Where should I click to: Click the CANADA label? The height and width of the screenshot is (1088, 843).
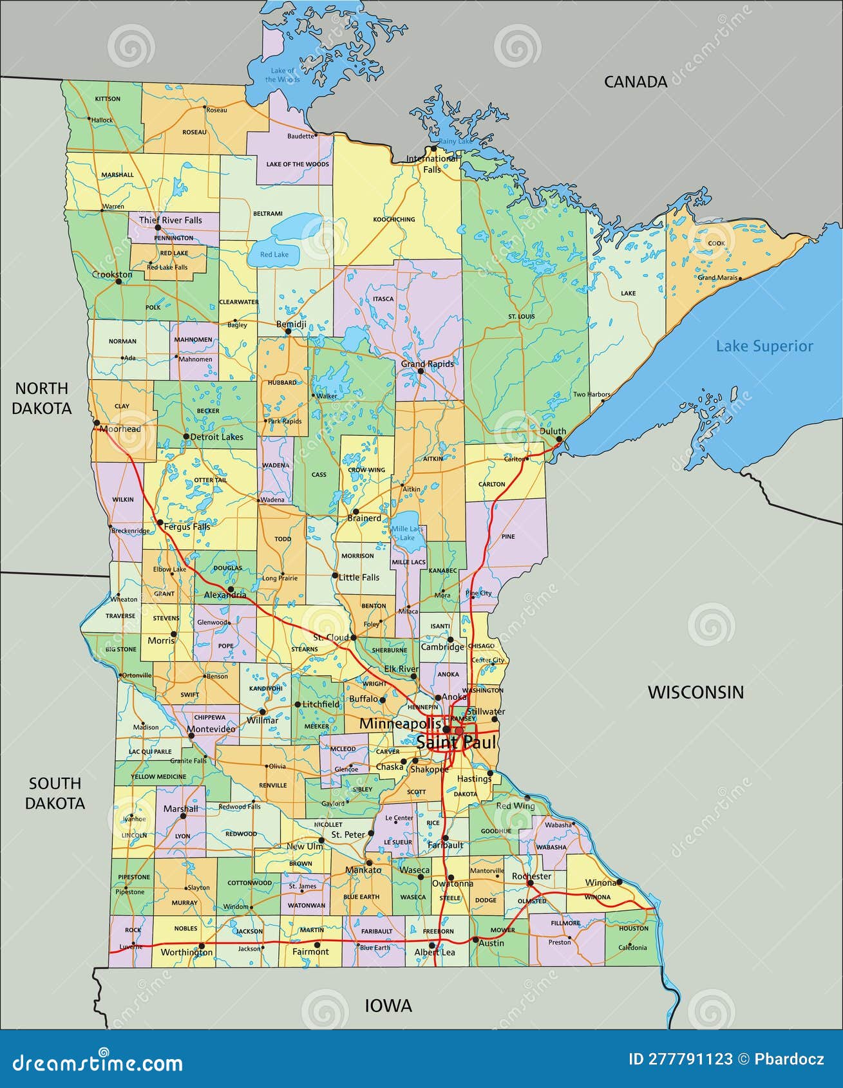pyautogui.click(x=635, y=82)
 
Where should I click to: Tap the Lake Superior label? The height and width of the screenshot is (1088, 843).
pyautogui.click(x=764, y=346)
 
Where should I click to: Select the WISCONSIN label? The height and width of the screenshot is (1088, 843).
pyautogui.click(x=695, y=692)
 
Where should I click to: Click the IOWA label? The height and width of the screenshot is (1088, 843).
pyautogui.click(x=388, y=1006)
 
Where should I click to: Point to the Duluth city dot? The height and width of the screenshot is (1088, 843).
pyautogui.click(x=559, y=439)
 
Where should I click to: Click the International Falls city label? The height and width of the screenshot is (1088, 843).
pyautogui.click(x=432, y=164)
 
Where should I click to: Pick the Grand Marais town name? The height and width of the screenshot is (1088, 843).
pyautogui.click(x=717, y=278)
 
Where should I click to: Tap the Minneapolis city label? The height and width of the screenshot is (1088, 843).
pyautogui.click(x=400, y=724)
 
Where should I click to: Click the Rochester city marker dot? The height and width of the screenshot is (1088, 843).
pyautogui.click(x=530, y=883)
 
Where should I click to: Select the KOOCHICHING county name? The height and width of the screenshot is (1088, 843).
pyautogui.click(x=394, y=220)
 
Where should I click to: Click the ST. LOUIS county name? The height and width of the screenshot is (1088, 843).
pyautogui.click(x=522, y=317)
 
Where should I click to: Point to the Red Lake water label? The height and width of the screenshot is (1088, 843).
pyautogui.click(x=274, y=254)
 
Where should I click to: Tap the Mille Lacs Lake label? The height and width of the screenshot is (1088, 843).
pyautogui.click(x=407, y=533)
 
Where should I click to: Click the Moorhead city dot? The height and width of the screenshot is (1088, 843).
pyautogui.click(x=97, y=423)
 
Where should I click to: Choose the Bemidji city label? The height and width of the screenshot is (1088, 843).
pyautogui.click(x=291, y=324)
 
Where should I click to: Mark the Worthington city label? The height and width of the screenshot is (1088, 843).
pyautogui.click(x=186, y=952)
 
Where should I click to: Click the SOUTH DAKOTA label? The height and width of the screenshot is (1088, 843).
pyautogui.click(x=55, y=793)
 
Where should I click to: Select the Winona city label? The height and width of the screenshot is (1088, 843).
pyautogui.click(x=600, y=883)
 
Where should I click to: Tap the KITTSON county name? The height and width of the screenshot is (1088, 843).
pyautogui.click(x=108, y=99)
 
